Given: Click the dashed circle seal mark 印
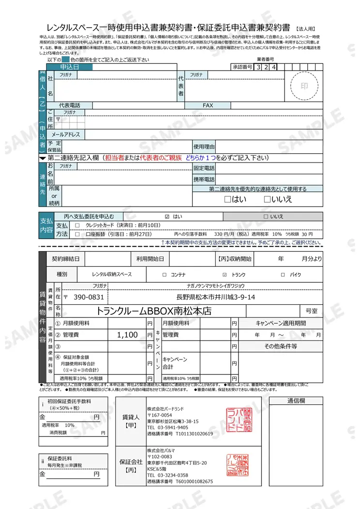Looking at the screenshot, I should click(x=304, y=86).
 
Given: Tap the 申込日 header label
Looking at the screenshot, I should click(x=69, y=67).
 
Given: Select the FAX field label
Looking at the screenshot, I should click(x=208, y=105).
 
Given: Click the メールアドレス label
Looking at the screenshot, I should click(x=66, y=135).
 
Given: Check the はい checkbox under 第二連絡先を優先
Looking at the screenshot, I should click(x=227, y=199).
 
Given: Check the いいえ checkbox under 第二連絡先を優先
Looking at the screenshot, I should click(x=267, y=199).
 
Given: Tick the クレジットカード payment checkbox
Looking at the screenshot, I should click(x=77, y=225).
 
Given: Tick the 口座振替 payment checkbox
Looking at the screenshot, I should click(x=77, y=234).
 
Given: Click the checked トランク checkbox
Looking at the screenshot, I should click(x=225, y=275).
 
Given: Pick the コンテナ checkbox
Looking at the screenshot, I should click(x=165, y=275).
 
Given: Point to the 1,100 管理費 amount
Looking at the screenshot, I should click(x=128, y=335).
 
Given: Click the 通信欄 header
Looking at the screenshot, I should click(x=296, y=401).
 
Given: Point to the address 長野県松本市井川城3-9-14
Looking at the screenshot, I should click(x=216, y=297).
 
